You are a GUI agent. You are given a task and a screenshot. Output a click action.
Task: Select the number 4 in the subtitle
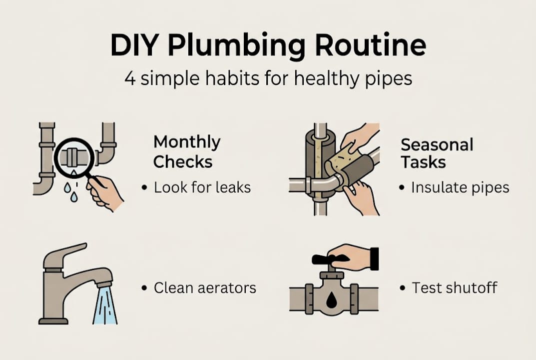[130, 78]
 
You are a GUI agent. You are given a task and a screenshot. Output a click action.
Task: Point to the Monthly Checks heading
[187, 152]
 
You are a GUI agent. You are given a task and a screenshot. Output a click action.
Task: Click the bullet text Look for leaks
[202, 187]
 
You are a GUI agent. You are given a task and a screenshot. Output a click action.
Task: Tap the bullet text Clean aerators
[205, 288]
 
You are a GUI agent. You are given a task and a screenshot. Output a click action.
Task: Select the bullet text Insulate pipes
[460, 188]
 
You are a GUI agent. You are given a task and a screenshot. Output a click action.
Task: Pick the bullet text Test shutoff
[454, 288]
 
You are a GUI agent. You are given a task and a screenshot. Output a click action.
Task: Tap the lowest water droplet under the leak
[73, 197]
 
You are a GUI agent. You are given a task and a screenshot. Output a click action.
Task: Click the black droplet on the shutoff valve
[331, 300]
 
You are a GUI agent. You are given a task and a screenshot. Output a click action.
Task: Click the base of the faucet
[53, 321]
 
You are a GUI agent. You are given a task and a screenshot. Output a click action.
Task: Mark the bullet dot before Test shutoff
[402, 288]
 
